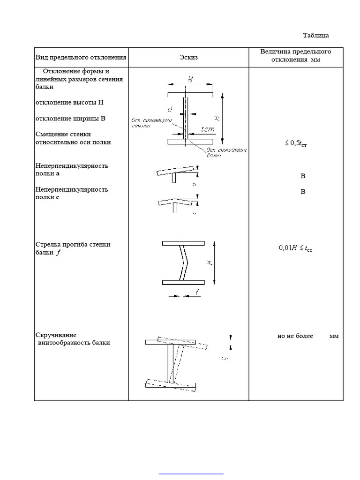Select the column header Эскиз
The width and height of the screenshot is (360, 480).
(188, 58)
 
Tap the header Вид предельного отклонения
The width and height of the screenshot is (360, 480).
(81, 58)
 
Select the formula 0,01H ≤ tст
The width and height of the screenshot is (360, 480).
(295, 249)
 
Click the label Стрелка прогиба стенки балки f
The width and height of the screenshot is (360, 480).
(73, 248)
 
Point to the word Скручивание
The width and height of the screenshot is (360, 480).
(56, 335)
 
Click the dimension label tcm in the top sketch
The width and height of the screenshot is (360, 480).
(207, 129)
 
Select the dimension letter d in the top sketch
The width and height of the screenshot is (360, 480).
(170, 109)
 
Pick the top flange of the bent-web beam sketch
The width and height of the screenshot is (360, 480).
(183, 243)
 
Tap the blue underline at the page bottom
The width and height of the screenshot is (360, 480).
(191, 474)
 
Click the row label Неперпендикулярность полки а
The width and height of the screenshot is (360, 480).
(72, 170)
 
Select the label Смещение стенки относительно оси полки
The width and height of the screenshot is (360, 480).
(73, 138)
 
